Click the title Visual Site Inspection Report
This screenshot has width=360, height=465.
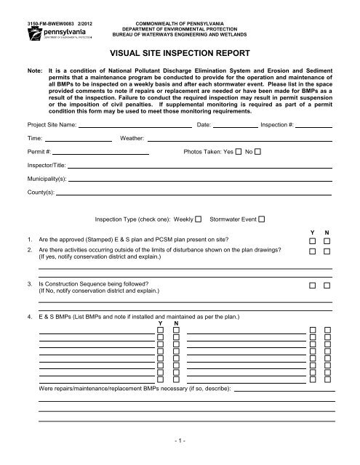[x=180, y=53]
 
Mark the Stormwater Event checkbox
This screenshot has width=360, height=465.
[x=262, y=219]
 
